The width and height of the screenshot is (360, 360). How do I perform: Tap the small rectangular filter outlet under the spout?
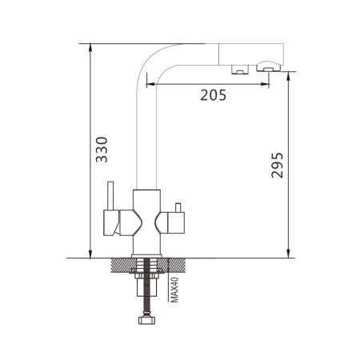click(238, 70)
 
